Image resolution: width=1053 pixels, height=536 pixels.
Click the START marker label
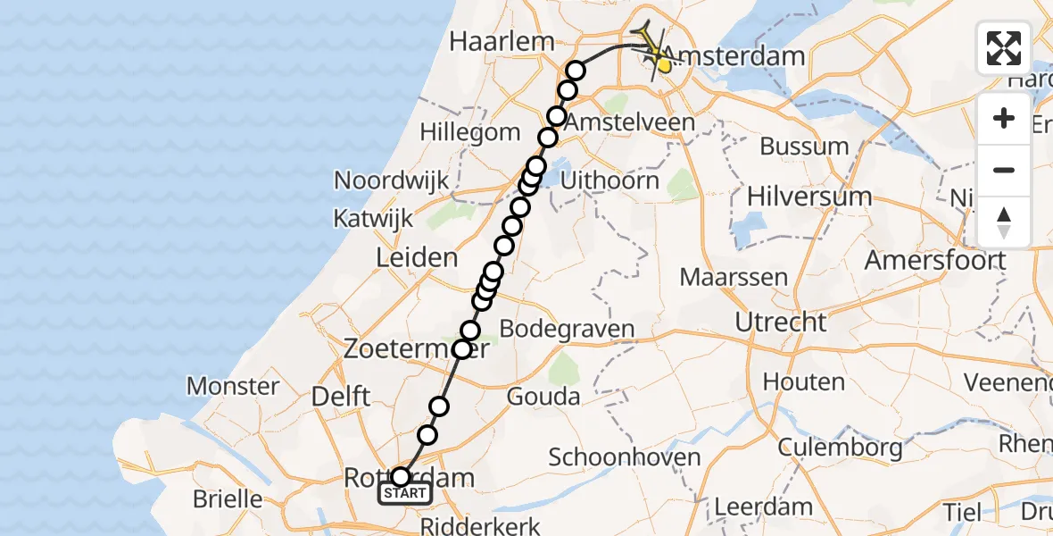click(x=406, y=493)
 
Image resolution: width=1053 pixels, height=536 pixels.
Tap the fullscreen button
click(x=1004, y=48)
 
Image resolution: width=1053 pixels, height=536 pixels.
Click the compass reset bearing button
click(x=1004, y=222)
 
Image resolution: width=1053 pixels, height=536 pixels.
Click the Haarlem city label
click(x=502, y=41)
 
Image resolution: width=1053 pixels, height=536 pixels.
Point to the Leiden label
click(x=417, y=258)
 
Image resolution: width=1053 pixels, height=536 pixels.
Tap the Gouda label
click(x=543, y=396)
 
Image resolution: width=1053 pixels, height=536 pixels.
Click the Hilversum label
click(x=809, y=196)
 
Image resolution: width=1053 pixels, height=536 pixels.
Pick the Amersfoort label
click(x=935, y=261)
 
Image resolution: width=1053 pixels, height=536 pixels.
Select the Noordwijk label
click(x=391, y=180)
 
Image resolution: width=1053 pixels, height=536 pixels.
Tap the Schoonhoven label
click(x=624, y=457)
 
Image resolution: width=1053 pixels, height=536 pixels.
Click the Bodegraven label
click(x=567, y=329)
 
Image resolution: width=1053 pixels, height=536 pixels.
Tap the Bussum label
click(x=804, y=146)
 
